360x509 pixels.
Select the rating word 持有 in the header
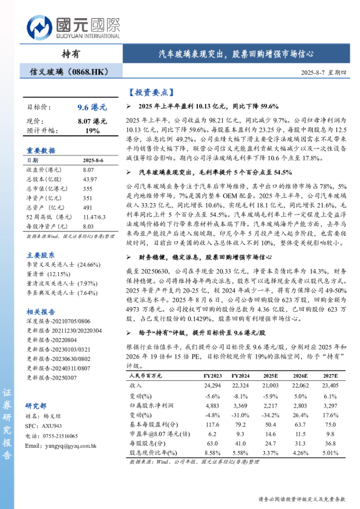click(71, 53)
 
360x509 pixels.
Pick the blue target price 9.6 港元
click(92, 107)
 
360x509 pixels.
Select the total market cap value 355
click(88, 189)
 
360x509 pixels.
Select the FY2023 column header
click(212, 376)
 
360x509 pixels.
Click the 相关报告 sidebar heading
click(41, 311)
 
